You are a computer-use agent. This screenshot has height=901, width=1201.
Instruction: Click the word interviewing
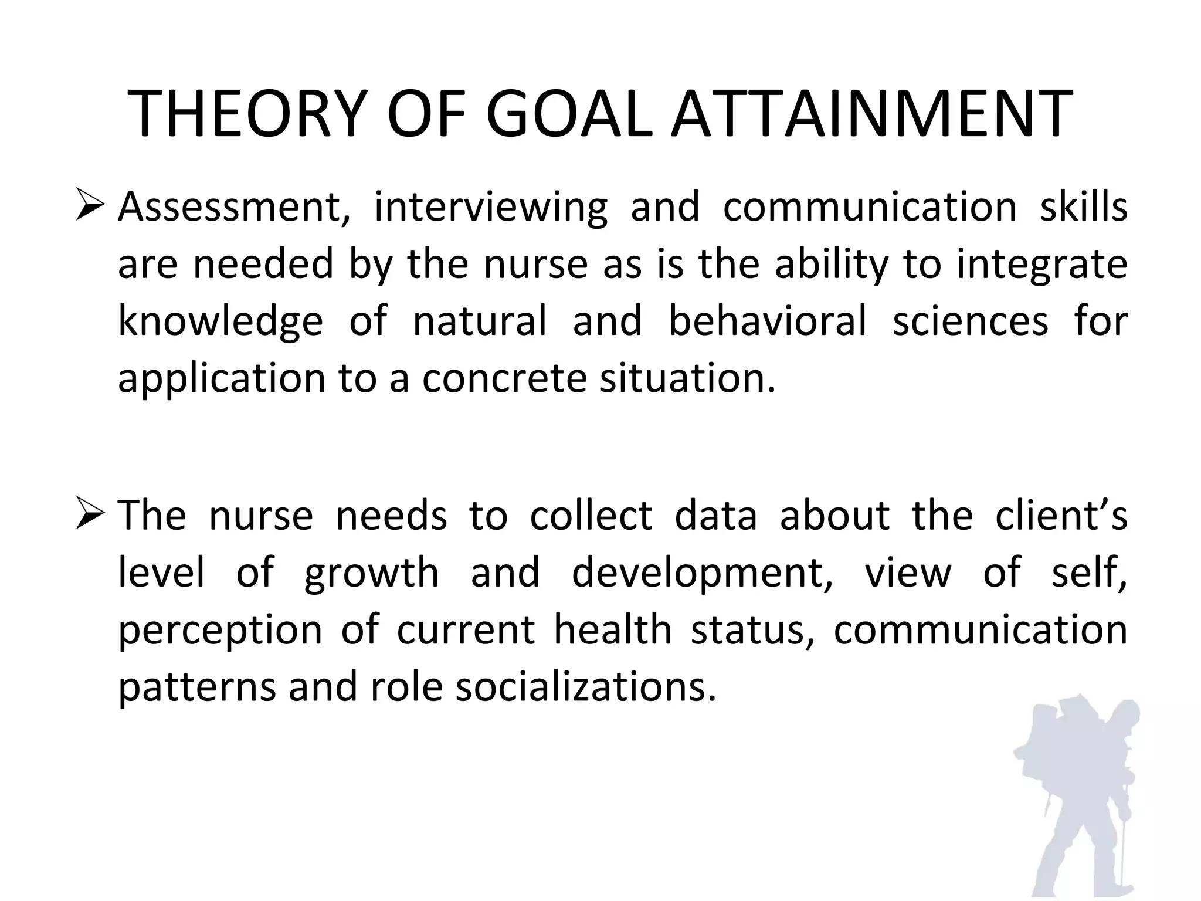pos(490,208)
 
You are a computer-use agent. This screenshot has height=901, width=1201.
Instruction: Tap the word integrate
pos(1041,265)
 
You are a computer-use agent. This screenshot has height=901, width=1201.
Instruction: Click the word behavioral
pos(767,321)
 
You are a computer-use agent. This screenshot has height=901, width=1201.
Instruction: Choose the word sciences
pos(970,321)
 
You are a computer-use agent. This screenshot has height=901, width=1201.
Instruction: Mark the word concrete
pos(504,378)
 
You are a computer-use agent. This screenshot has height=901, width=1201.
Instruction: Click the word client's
pos(1061,516)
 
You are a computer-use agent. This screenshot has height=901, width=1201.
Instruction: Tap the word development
pos(702,574)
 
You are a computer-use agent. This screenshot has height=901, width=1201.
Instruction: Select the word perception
pos(220,631)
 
